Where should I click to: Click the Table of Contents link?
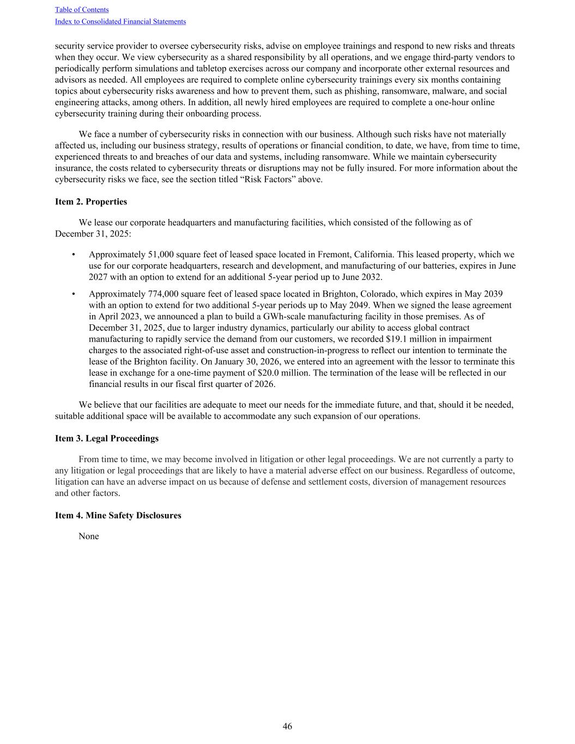(x=82, y=10)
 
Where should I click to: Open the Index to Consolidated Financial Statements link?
(x=120, y=22)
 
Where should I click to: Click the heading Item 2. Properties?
(x=91, y=202)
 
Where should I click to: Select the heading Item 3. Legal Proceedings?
(x=107, y=438)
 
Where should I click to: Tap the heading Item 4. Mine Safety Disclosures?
(x=118, y=515)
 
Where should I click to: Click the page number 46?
(x=287, y=726)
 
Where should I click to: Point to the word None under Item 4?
(x=89, y=536)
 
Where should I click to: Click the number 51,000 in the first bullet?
(x=161, y=255)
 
